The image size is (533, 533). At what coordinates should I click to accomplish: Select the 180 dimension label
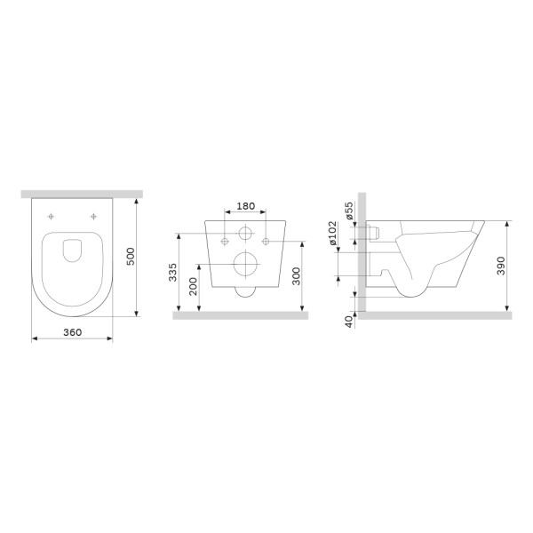246,206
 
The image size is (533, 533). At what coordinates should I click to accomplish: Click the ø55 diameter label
348,211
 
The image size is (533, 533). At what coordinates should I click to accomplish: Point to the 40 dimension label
348,322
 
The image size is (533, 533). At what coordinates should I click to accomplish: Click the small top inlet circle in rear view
244,236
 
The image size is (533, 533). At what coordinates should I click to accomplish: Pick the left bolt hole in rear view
225,241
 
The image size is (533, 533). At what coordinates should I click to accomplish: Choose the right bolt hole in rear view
265,241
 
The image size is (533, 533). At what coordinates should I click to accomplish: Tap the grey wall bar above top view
79,193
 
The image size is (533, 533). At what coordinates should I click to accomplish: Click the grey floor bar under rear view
240,315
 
